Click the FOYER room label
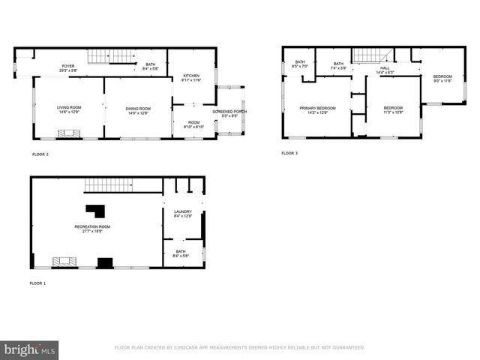[x=68, y=67]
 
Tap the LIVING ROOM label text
[x=69, y=108]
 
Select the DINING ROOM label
[x=137, y=109]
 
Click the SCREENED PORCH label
[x=229, y=112]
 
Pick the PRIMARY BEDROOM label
[x=317, y=109]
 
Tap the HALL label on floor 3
[x=385, y=68]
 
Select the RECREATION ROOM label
[x=92, y=227]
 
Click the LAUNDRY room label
[x=183, y=212]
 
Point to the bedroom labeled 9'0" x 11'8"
[x=442, y=78]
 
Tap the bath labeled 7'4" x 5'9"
[x=338, y=64]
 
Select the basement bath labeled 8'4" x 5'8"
[x=181, y=252]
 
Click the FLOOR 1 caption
[x=38, y=283]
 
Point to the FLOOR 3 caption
[x=289, y=153]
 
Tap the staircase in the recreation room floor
[x=108, y=184]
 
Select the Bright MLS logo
[x=30, y=349]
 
